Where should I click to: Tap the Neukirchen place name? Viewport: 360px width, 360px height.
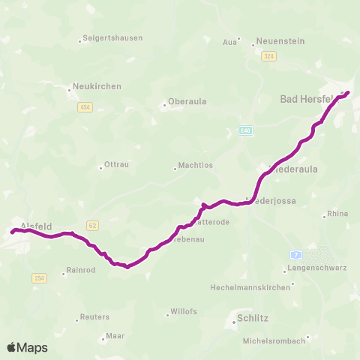97,86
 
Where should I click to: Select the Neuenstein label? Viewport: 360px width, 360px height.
280,40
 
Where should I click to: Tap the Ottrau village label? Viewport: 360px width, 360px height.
117,164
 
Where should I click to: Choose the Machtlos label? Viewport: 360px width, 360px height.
196,166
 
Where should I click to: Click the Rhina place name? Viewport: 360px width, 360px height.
337,214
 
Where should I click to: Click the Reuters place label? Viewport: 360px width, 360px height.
94,317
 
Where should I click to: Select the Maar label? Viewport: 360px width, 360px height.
115,336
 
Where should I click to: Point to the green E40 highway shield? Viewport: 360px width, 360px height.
245,130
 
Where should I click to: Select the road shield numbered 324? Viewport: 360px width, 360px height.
269,57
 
